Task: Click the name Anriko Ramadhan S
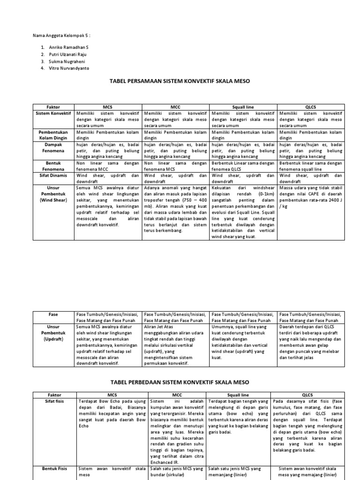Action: click(68, 48)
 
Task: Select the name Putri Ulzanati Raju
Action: click(67, 54)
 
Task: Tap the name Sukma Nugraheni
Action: click(67, 61)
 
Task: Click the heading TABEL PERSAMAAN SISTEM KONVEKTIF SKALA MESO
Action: click(180, 81)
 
